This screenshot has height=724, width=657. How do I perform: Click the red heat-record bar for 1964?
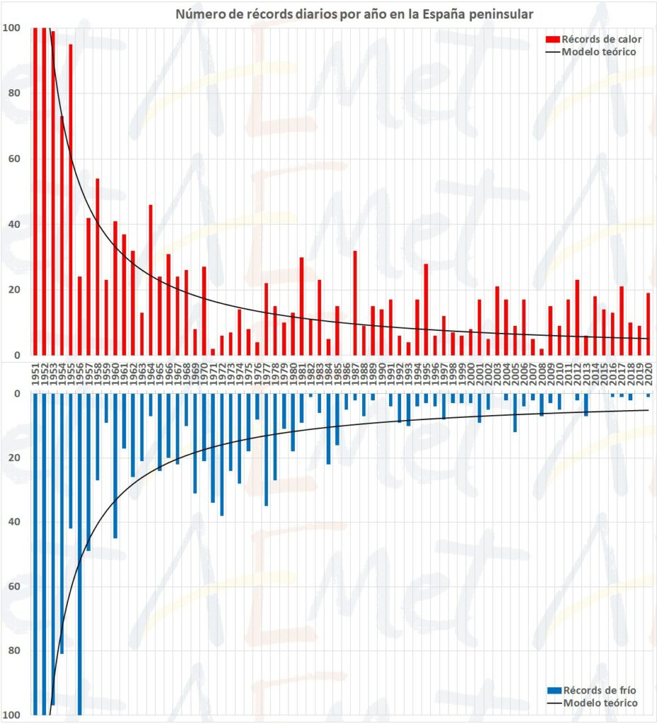pyautogui.click(x=151, y=280)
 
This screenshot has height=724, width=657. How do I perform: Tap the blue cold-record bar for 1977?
pyautogui.click(x=266, y=449)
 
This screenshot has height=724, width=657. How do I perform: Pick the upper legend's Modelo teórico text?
pyautogui.click(x=598, y=52)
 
